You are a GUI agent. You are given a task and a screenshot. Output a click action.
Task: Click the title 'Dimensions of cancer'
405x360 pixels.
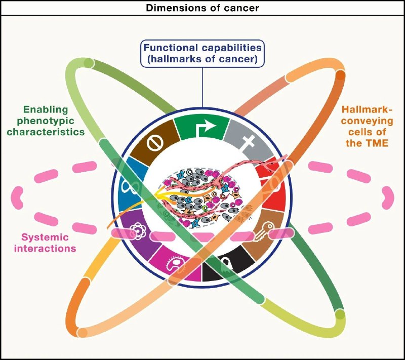pyautogui.click(x=202, y=8)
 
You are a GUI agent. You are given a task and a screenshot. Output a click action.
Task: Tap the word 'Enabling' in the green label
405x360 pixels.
pyautogui.click(x=44, y=109)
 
